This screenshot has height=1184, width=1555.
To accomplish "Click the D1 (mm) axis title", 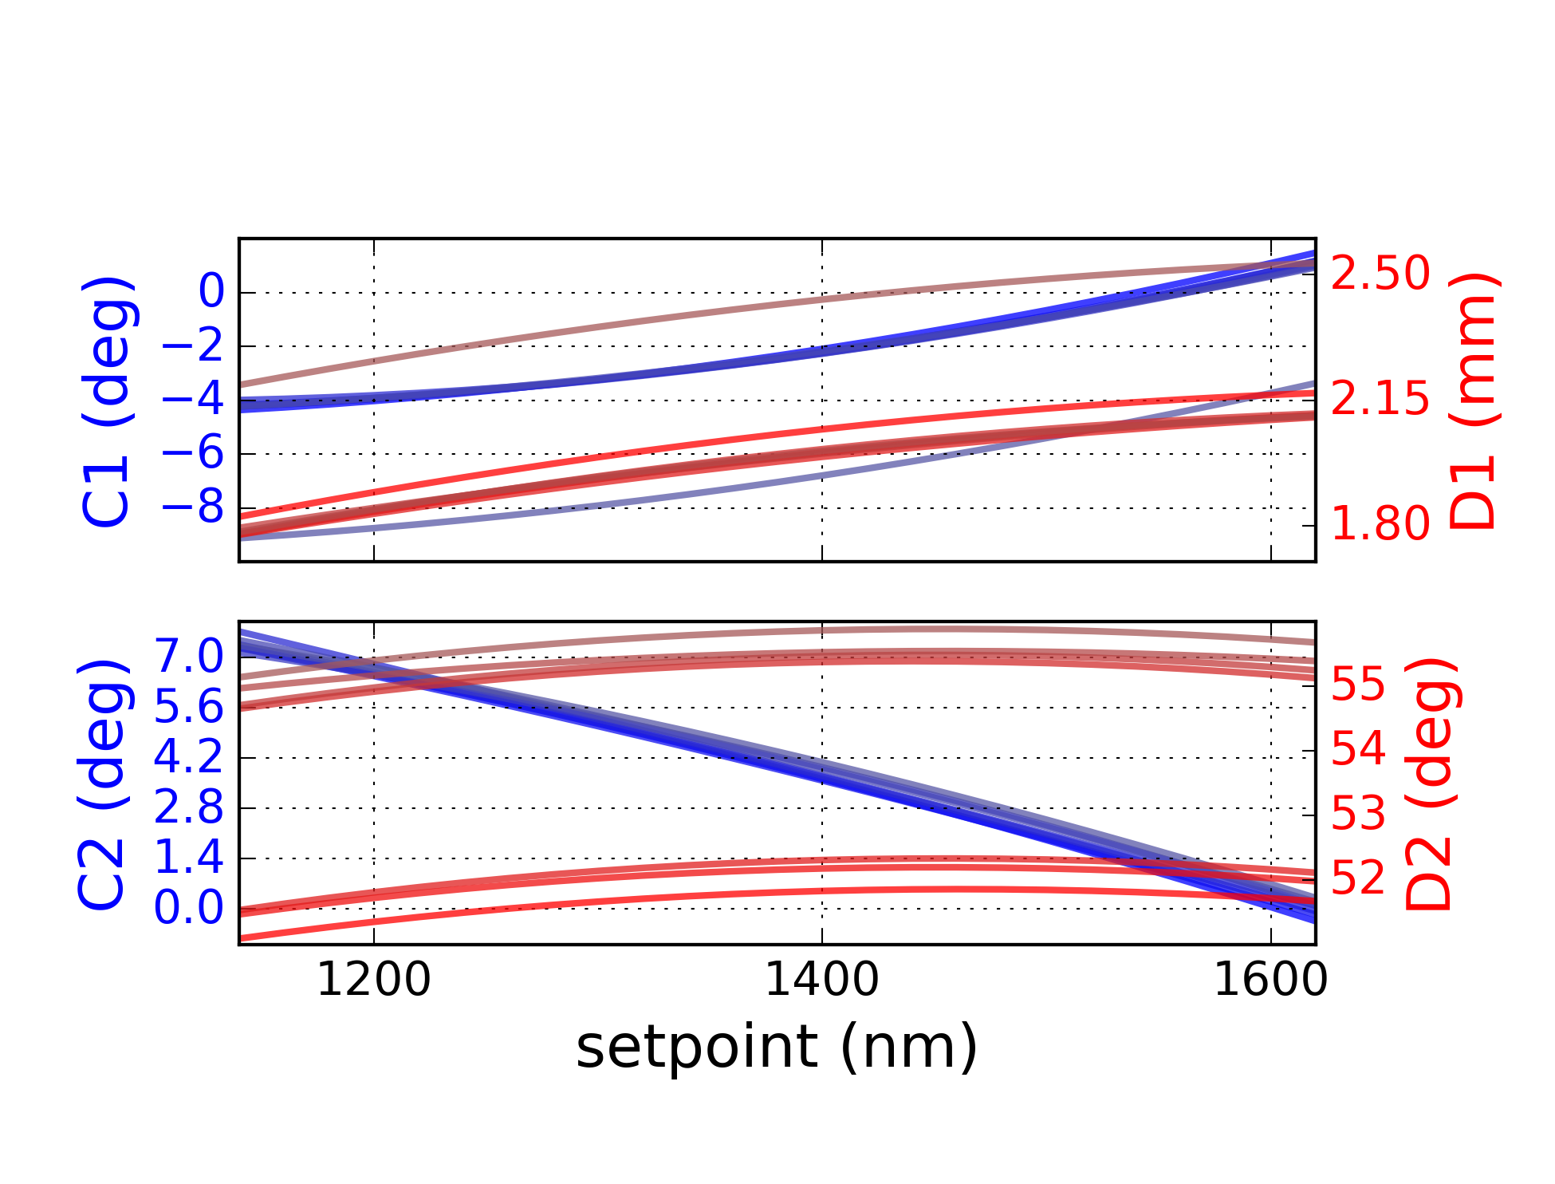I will click(1474, 401).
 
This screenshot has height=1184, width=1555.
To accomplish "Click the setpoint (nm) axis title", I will click(776, 1048).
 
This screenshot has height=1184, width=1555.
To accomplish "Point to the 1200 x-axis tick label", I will click(373, 980).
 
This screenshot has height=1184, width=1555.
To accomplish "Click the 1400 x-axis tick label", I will click(821, 980).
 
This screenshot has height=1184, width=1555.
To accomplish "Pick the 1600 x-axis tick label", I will click(1270, 980).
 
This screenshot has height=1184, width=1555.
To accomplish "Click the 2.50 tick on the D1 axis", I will click(1380, 274).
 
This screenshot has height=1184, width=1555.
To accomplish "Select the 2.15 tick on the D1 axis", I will click(1380, 398).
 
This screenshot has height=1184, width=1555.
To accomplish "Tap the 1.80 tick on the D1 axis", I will click(1380, 524).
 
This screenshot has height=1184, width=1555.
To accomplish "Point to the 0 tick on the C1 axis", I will click(211, 291).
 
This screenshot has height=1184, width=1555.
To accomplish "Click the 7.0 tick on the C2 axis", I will click(189, 657).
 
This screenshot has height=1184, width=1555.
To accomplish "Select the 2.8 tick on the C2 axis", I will click(189, 807).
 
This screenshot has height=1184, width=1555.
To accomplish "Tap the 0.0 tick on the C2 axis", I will click(189, 908).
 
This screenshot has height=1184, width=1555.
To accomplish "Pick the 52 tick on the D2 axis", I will click(1359, 878).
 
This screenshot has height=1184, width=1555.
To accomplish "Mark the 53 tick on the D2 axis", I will click(1359, 814).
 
